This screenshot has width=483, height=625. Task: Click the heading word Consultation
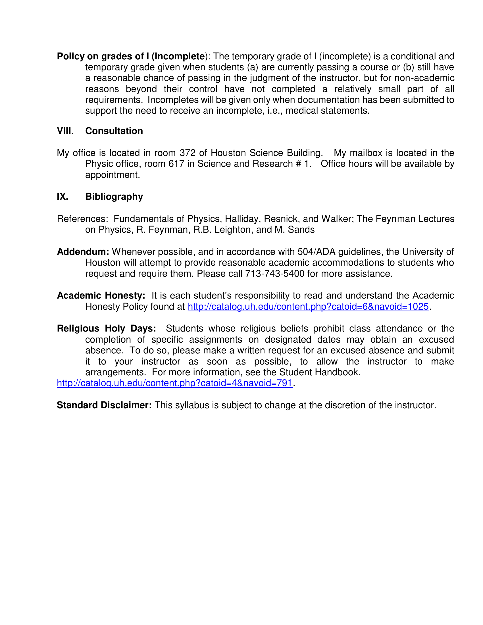[114, 131]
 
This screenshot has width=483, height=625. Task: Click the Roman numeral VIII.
[65, 131]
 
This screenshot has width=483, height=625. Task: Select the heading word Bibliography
[114, 197]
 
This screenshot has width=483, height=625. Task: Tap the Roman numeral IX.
[63, 197]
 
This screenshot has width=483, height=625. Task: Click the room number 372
[188, 153]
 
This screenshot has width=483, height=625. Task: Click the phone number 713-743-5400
[275, 274]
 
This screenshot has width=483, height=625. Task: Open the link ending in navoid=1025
[308, 307]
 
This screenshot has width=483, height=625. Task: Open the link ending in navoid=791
[174, 383]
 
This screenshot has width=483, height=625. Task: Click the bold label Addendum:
[83, 252]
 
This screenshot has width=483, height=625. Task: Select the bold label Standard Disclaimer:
[104, 405]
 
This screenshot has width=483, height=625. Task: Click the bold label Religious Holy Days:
[107, 328]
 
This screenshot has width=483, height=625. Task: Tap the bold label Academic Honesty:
[101, 295]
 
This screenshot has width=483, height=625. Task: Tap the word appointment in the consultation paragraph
[112, 175]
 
